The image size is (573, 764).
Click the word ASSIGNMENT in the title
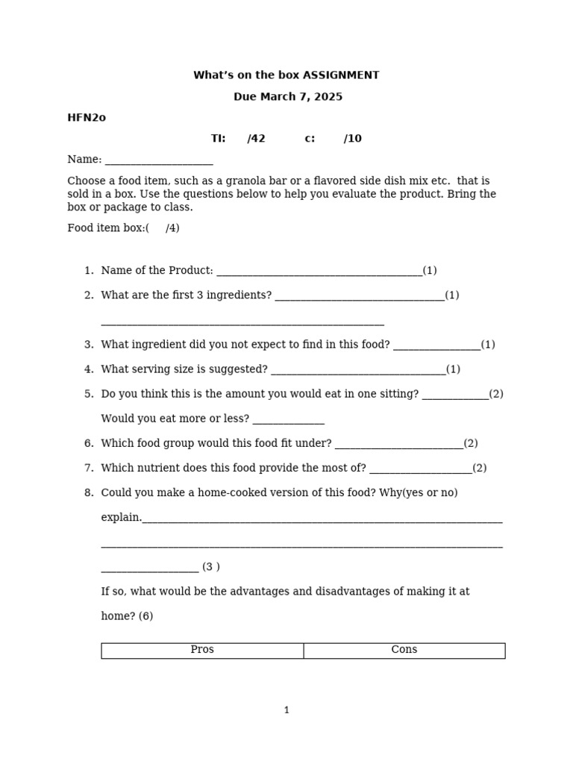pos(341,75)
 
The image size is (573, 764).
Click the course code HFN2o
pos(87,118)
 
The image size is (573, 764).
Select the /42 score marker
pos(256,139)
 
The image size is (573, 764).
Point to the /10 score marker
pos(353,139)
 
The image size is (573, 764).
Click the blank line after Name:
pos(159,160)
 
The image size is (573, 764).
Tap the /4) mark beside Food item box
pos(172,228)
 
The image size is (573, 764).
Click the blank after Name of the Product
pos(319,272)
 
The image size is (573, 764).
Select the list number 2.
pos(89,295)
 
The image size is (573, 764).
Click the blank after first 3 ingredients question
pos(360,296)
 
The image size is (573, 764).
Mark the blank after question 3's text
pos(436,345)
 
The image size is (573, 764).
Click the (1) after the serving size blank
pos(453,369)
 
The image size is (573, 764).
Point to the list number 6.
pos(89,444)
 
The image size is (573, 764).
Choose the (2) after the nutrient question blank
pos(479,469)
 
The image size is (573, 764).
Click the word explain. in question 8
pos(121,518)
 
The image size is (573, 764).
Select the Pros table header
pos(202,650)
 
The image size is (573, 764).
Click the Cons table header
pos(404,650)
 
